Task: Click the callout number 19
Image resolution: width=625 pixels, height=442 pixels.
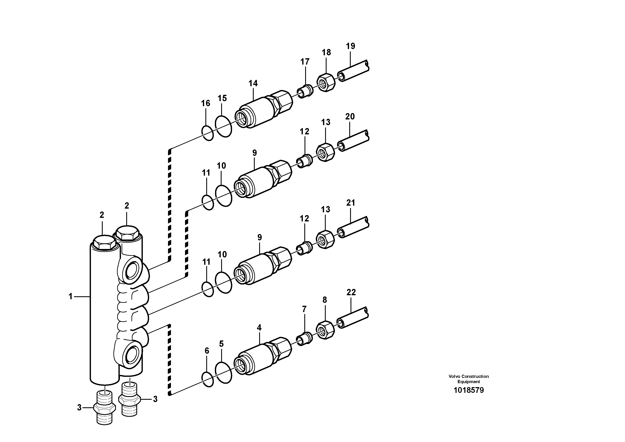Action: point(350,46)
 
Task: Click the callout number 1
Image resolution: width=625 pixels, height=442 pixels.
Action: point(71,296)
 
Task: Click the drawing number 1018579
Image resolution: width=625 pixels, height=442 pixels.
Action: point(469,390)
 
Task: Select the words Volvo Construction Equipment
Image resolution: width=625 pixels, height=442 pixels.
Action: point(469,379)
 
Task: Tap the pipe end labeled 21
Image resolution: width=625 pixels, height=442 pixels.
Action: point(353,227)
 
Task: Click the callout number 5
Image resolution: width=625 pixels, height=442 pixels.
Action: point(221,344)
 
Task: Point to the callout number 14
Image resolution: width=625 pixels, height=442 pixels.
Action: point(253,83)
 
